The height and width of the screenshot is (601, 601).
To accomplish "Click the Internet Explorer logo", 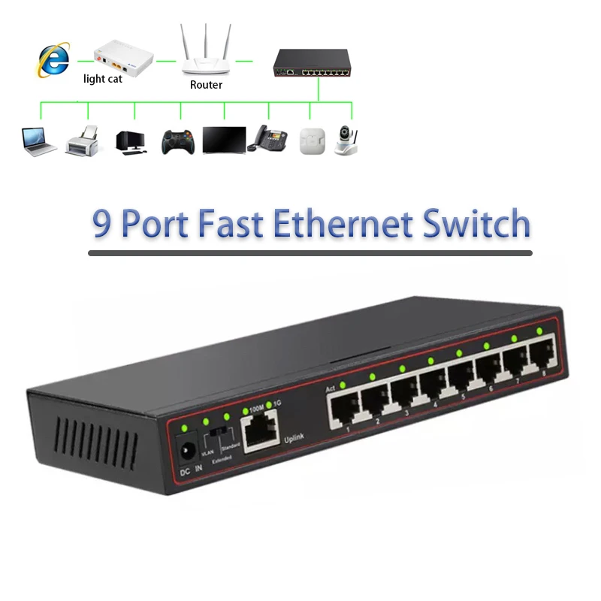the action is click(x=54, y=60).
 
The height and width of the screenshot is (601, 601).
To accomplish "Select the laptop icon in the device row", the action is click(x=38, y=140).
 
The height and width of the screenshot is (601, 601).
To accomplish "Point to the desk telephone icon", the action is click(x=268, y=138).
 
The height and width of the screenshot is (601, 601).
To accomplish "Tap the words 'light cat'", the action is click(x=103, y=79).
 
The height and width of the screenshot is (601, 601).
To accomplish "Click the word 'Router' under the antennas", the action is click(x=206, y=85).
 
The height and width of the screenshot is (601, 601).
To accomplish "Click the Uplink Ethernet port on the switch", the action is click(x=259, y=430).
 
